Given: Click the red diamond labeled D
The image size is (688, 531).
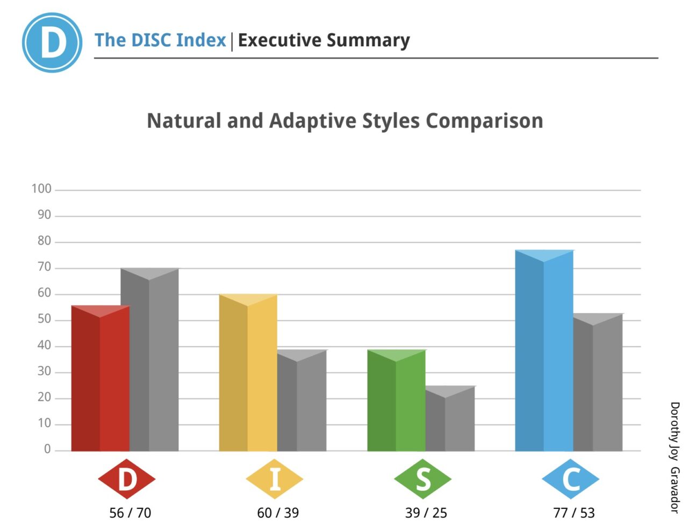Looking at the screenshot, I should pos(127,479).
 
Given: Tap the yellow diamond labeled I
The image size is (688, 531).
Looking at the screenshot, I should pos(275,479).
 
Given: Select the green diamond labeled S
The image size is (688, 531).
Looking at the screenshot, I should pos(423,479).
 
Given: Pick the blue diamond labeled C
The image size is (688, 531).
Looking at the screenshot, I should pos(571,479).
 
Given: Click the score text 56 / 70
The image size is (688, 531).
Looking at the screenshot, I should pos(130,513).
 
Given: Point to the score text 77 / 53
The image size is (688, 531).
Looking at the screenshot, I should pos(574,513).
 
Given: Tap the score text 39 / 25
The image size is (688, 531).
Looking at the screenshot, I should pos(426,513).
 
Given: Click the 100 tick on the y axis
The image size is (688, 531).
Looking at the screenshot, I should pos(41,189).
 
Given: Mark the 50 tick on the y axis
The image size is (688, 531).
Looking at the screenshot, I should pos(44,319).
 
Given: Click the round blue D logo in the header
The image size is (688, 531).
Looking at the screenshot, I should pos(52,42).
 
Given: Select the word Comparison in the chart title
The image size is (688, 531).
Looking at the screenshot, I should pos(484,121).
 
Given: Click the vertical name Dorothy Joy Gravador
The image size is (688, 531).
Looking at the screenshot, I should pos(675,457).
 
